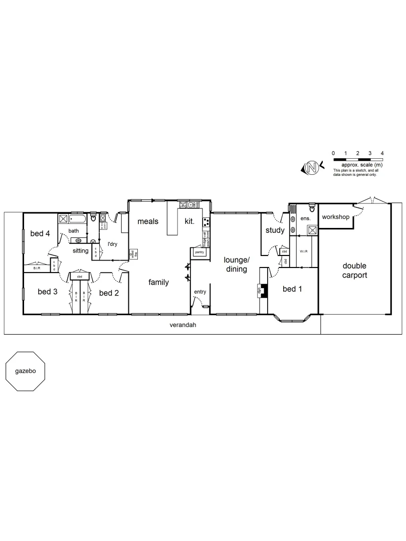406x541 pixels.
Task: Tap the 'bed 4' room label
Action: click(40, 233)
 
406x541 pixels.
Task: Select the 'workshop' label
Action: click(335, 217)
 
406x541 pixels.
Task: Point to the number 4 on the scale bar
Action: click(382, 153)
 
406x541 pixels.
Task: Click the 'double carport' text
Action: click(355, 270)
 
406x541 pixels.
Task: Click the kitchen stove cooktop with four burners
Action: click(206, 222)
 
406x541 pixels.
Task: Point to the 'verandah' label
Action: click(182, 325)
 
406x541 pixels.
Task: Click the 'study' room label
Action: click(275, 230)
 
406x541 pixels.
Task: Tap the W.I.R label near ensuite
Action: click(304, 250)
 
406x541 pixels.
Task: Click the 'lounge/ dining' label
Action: click(236, 264)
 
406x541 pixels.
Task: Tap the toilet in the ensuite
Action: click(312, 206)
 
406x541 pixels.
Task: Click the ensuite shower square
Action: click(312, 230)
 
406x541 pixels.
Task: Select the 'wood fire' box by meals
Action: click(133, 254)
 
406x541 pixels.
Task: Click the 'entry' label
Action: click(200, 292)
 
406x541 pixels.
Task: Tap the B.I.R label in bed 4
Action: click(37, 268)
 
